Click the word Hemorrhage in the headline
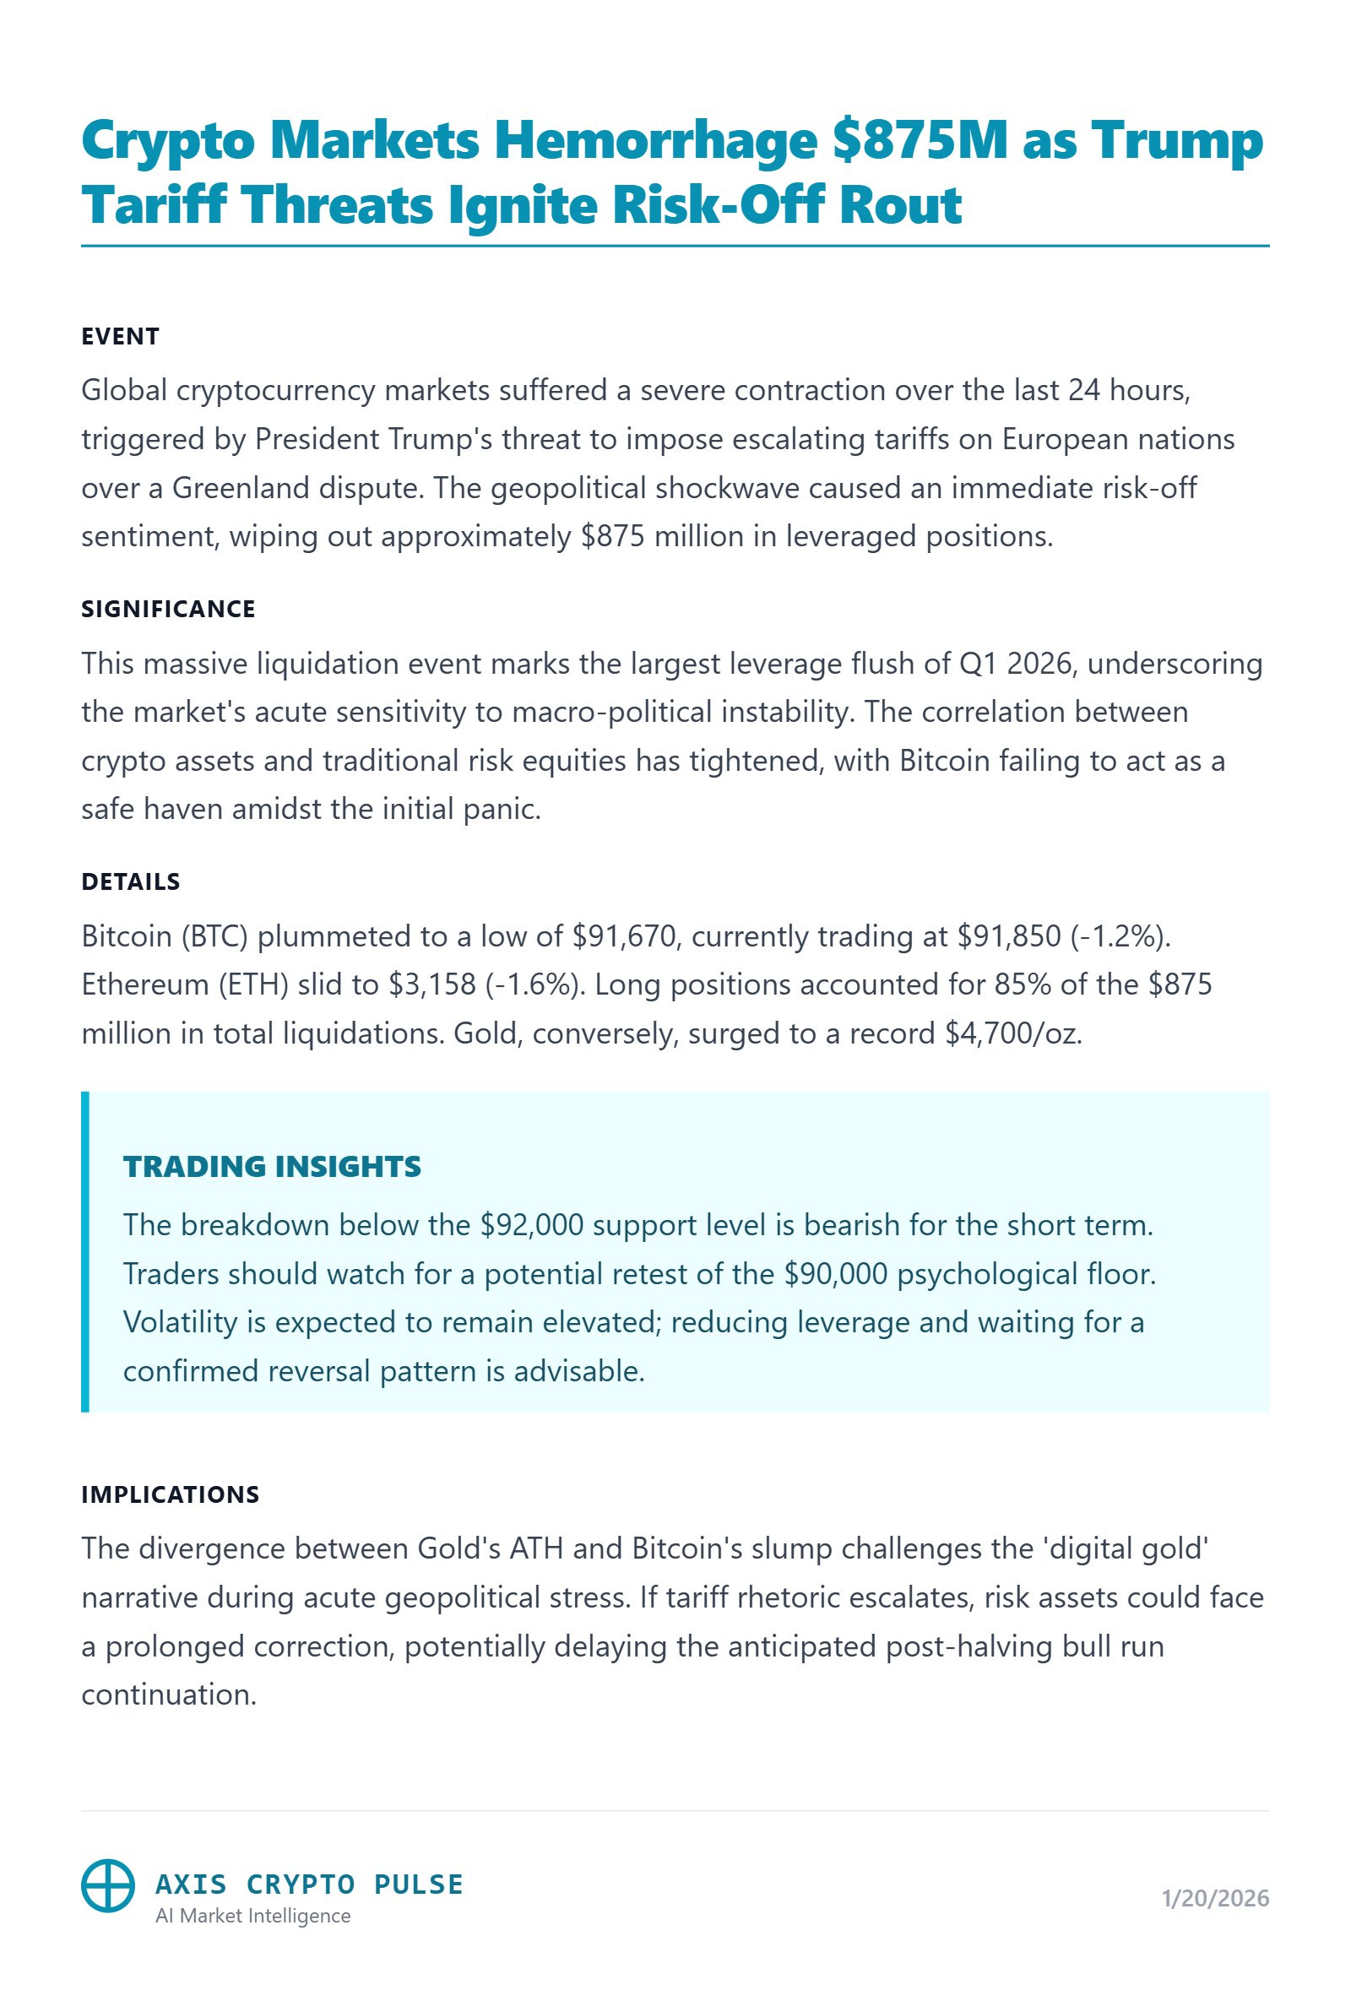click(x=654, y=141)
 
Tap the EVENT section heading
click(x=121, y=337)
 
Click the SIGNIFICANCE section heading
click(x=168, y=610)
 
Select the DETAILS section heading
click(x=131, y=881)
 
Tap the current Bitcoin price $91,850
click(x=1009, y=936)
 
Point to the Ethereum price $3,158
click(x=432, y=985)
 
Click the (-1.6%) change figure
click(x=534, y=985)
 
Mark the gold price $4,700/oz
click(x=1012, y=1033)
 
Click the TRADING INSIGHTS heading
click(x=272, y=1167)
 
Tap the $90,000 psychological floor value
click(x=835, y=1274)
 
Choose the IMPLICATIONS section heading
click(x=171, y=1494)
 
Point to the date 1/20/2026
click(x=1215, y=1899)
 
